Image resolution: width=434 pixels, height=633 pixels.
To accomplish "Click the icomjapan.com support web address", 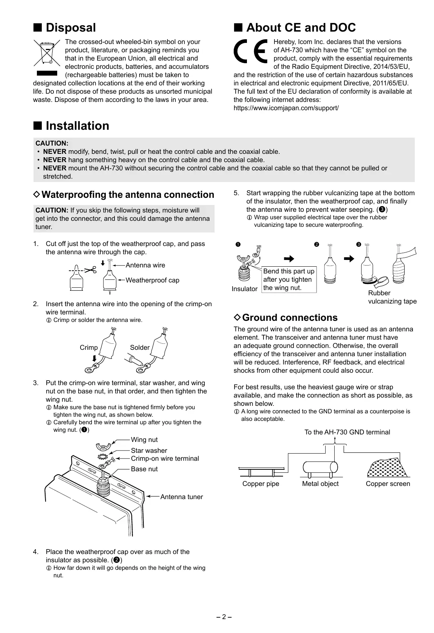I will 286,108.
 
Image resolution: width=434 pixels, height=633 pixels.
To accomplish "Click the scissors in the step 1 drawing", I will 90,270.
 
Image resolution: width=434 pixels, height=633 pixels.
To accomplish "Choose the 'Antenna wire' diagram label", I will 145,265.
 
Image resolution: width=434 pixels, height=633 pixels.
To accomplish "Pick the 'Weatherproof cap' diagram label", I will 152,280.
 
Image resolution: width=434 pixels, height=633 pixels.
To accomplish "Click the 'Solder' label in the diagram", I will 140,348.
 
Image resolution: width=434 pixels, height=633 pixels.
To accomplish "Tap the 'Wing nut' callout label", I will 144,440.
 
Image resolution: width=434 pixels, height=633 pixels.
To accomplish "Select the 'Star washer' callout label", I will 149,451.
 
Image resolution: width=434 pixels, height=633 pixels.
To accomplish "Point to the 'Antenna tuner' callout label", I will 181,497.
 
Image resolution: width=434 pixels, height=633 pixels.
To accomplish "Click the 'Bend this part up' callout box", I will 289,280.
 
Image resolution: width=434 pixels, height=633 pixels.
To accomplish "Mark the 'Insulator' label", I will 245,289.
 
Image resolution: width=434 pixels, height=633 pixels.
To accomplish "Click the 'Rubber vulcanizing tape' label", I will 392,297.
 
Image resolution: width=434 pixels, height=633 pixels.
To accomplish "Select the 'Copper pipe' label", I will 261,484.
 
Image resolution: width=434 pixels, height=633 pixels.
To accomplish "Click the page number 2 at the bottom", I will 224,617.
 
